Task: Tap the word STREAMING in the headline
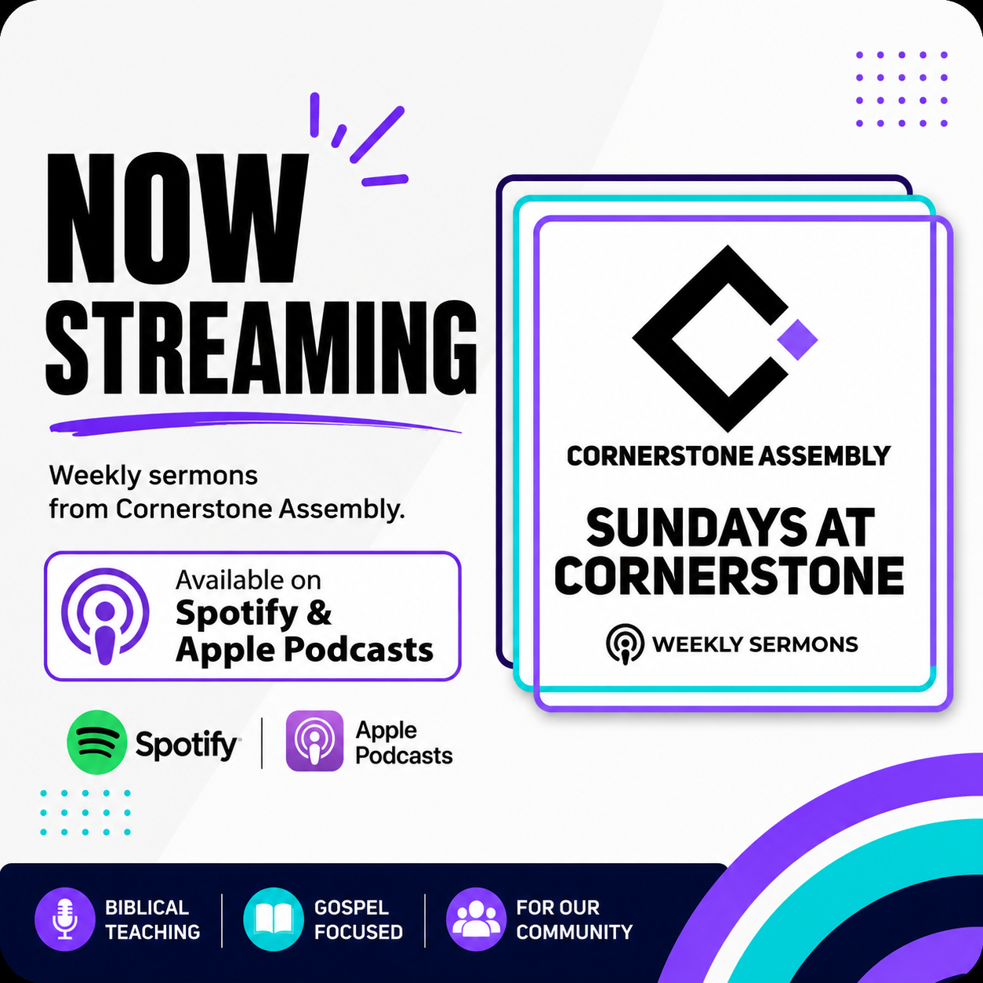(x=262, y=348)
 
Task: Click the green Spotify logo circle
(x=97, y=742)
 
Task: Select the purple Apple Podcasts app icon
(x=314, y=740)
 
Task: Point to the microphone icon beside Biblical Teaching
(x=65, y=920)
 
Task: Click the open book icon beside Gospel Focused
(x=274, y=920)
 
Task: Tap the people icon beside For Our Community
(x=476, y=920)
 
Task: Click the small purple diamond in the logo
(x=797, y=339)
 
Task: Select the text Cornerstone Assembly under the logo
(x=728, y=456)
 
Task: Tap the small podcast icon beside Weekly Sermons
(x=625, y=644)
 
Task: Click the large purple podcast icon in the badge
(x=105, y=615)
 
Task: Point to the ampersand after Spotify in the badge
(x=320, y=613)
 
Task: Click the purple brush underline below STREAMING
(x=255, y=423)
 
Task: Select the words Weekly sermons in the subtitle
(x=153, y=476)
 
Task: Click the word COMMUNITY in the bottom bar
(x=574, y=932)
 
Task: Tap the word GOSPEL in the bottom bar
(x=351, y=908)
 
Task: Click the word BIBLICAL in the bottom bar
(x=147, y=908)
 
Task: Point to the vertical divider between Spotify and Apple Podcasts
(x=262, y=742)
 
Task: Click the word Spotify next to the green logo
(x=187, y=745)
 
